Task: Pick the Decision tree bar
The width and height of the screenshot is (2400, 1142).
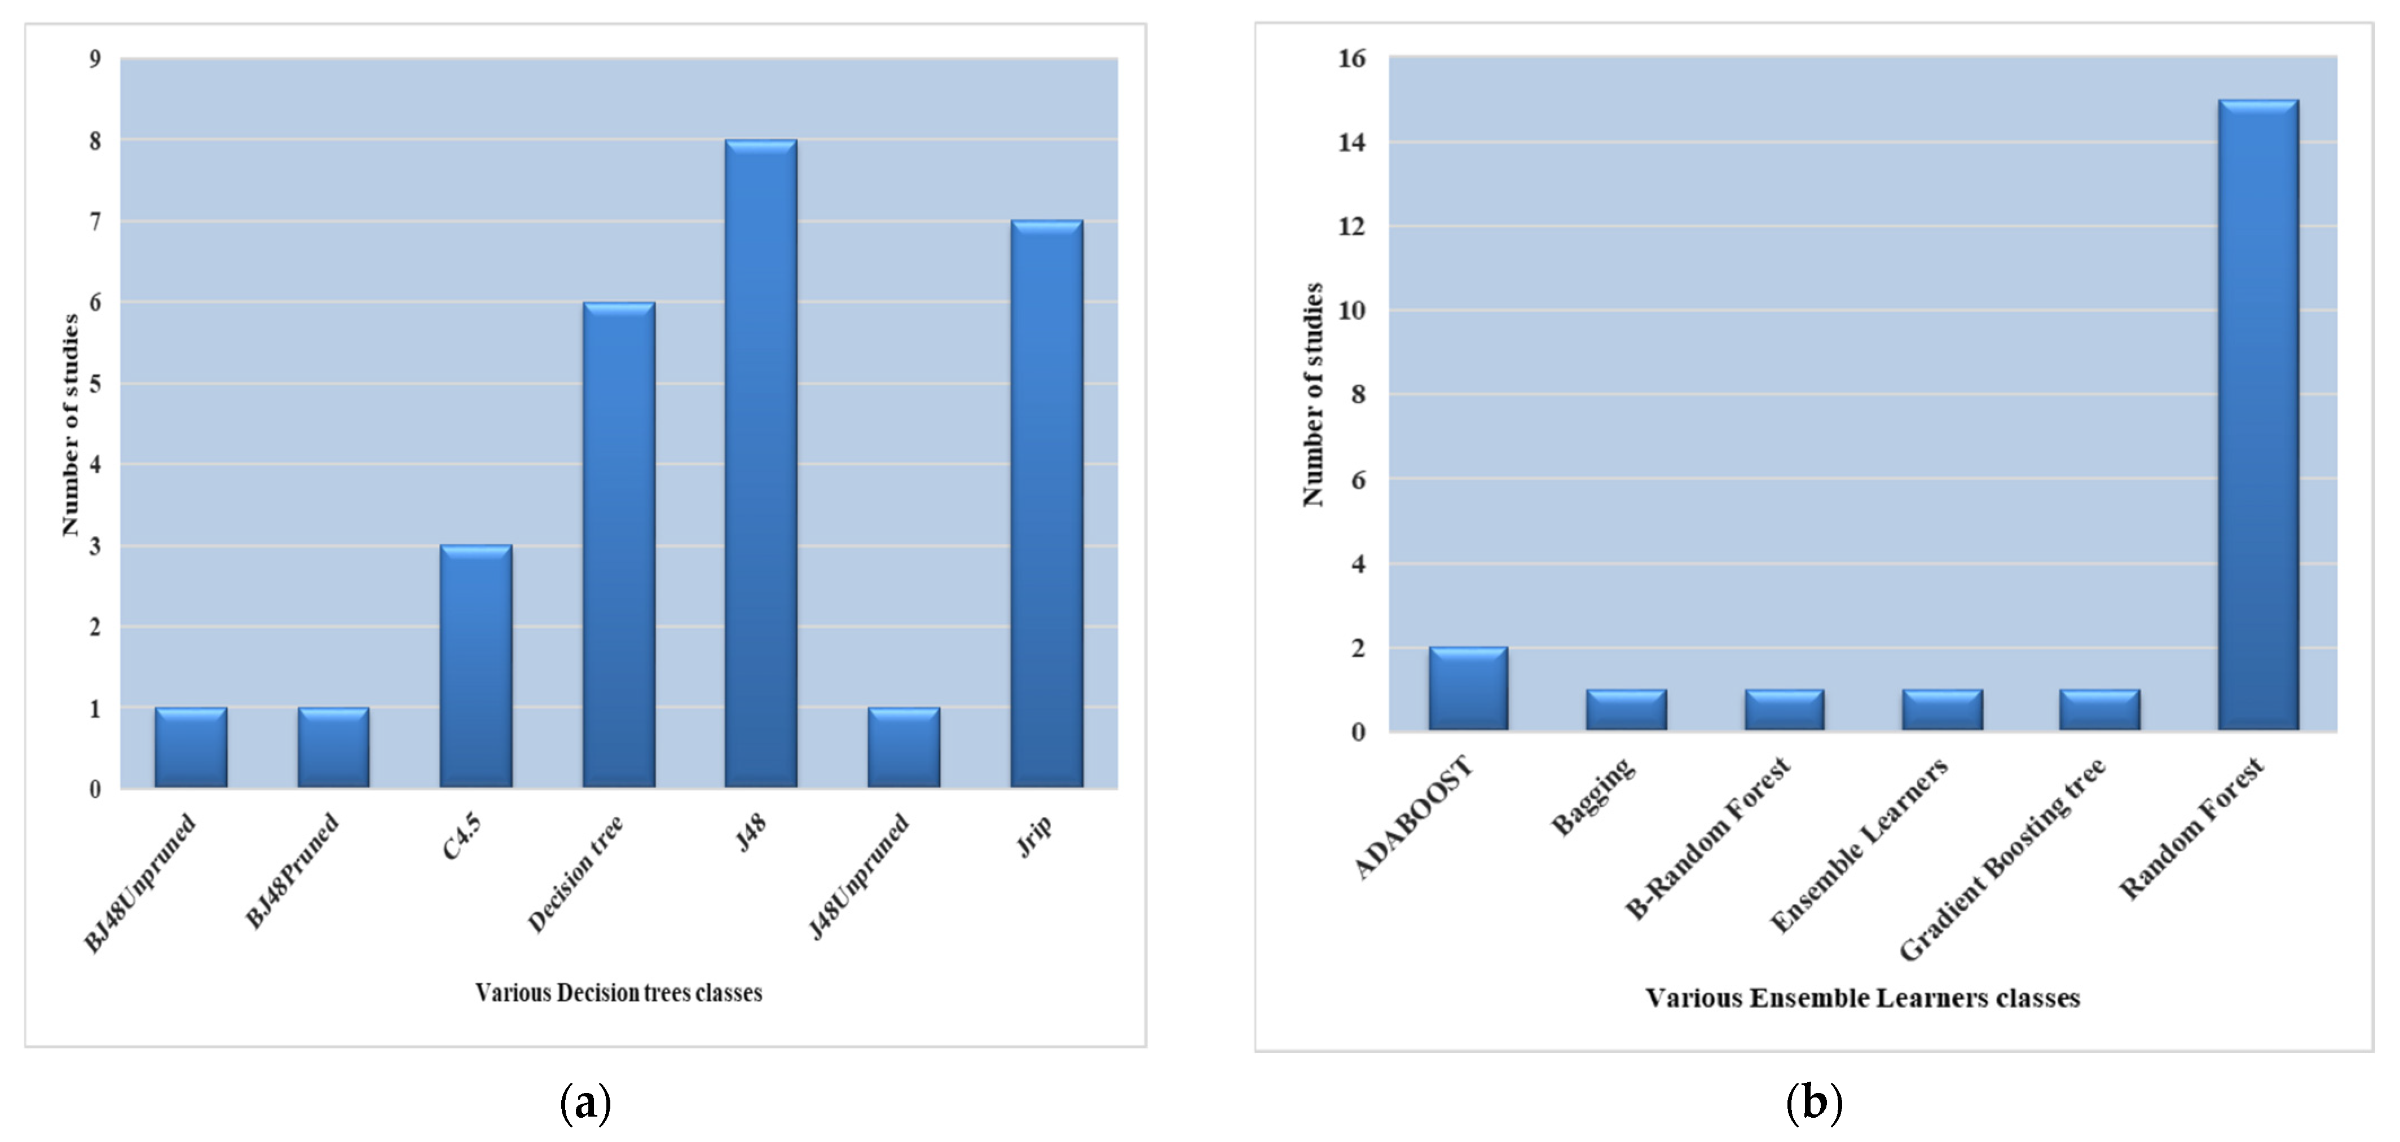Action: click(619, 545)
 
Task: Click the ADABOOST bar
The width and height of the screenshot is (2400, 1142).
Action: click(1468, 689)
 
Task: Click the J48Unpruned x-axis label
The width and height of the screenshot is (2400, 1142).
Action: click(859, 876)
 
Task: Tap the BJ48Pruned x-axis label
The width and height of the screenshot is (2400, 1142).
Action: click(292, 871)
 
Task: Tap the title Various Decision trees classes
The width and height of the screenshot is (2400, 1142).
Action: click(619, 993)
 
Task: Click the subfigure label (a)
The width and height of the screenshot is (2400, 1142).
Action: click(585, 1104)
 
